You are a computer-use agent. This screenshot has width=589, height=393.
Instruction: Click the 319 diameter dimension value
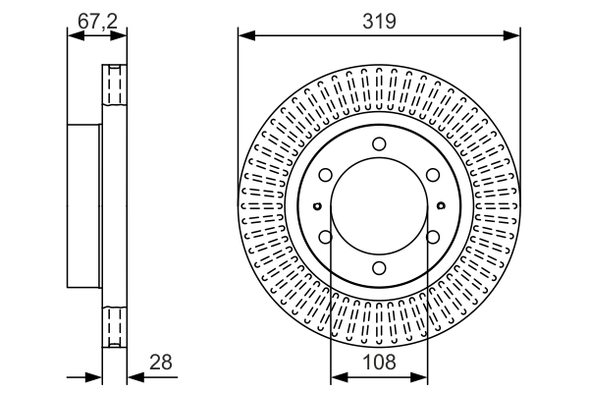[379, 21]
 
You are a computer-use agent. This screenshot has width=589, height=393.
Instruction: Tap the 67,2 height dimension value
[97, 21]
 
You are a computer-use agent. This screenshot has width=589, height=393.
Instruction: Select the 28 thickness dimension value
[161, 363]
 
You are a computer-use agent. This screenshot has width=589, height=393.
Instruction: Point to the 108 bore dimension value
[379, 363]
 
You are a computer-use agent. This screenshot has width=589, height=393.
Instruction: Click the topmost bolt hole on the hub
[379, 143]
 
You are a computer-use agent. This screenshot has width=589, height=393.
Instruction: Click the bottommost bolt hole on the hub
[379, 268]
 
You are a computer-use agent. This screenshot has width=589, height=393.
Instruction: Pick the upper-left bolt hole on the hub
[326, 175]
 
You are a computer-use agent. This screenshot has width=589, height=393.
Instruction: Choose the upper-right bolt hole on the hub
[433, 175]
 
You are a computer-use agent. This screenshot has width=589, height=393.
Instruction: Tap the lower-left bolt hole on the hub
[326, 237]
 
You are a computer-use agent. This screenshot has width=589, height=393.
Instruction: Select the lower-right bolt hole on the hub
[433, 237]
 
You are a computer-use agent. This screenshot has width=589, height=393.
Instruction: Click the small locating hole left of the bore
[317, 205]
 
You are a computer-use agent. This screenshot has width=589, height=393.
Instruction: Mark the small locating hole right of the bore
[442, 205]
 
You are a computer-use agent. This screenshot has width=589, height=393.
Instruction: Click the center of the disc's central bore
[379, 205]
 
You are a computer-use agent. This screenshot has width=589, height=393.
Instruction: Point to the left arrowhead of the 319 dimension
[246, 36]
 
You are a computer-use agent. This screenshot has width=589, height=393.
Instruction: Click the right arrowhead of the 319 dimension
[512, 36]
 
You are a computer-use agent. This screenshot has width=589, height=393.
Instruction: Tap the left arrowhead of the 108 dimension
[340, 376]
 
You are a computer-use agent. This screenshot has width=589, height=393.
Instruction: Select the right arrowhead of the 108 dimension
[419, 376]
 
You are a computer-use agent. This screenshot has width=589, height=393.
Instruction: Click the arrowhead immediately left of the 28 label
[136, 376]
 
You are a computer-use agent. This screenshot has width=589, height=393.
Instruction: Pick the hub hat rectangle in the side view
[84, 206]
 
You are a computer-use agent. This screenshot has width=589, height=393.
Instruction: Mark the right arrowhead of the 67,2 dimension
[119, 36]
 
